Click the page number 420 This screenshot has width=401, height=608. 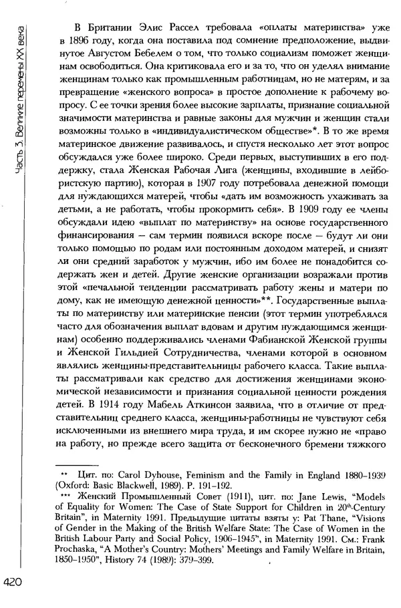click(x=15, y=583)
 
